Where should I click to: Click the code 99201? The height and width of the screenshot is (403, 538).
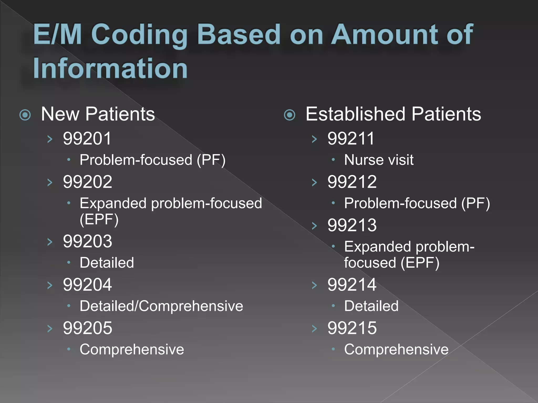click(x=87, y=139)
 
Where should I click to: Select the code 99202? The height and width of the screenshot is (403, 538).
click(x=87, y=182)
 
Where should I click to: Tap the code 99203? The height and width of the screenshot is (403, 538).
click(x=87, y=241)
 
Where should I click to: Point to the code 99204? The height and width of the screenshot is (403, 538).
click(x=87, y=285)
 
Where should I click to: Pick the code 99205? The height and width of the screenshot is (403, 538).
click(x=87, y=328)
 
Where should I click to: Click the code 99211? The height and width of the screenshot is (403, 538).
click(x=351, y=139)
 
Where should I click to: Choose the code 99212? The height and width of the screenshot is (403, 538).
click(x=352, y=182)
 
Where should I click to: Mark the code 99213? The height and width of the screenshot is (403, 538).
click(x=352, y=225)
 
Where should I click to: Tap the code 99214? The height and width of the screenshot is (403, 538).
click(x=352, y=285)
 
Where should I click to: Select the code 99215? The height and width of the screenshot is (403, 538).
click(x=352, y=328)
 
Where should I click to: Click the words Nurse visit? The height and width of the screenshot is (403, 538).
click(x=379, y=160)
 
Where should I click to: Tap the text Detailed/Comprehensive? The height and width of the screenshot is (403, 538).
click(x=161, y=306)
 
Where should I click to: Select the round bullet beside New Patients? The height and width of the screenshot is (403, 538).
click(x=25, y=115)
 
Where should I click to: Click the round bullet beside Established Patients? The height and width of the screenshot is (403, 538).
click(x=290, y=115)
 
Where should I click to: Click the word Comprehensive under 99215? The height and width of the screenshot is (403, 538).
click(x=396, y=349)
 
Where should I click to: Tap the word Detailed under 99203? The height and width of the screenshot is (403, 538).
click(x=107, y=263)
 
